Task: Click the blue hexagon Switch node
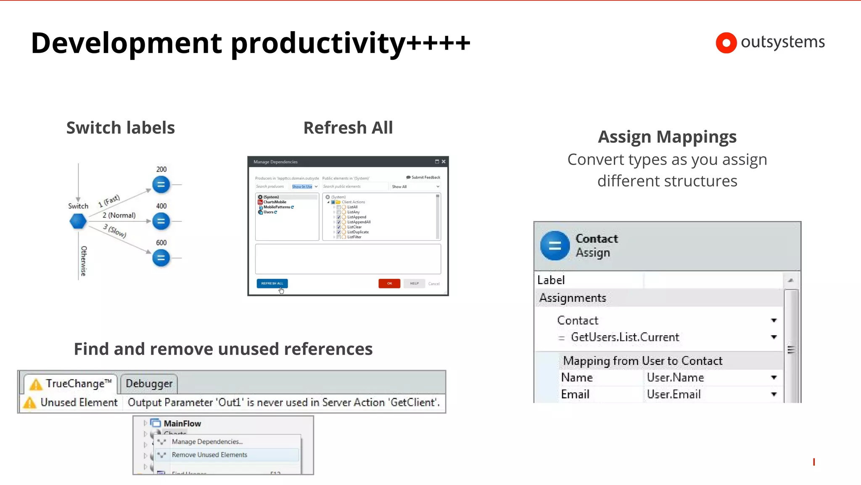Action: (x=78, y=221)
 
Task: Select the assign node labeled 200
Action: (x=161, y=184)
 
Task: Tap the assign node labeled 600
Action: (x=161, y=258)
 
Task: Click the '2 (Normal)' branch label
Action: (x=119, y=215)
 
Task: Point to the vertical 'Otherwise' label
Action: (x=84, y=261)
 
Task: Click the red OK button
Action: (x=389, y=283)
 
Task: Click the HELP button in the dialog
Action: (x=414, y=283)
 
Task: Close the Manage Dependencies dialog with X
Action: (x=444, y=162)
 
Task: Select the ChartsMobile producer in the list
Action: (x=275, y=202)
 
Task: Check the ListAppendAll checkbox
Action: (x=339, y=222)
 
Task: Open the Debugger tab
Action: (x=149, y=384)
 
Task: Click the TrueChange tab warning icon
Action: (x=36, y=384)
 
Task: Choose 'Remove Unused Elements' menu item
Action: (x=209, y=455)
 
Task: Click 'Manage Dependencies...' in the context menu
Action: (x=207, y=442)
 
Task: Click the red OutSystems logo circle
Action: (x=726, y=43)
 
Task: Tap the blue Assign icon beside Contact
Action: (x=555, y=246)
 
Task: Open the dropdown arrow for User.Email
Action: (x=774, y=394)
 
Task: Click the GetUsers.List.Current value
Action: (x=625, y=337)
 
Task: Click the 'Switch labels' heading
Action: (x=121, y=128)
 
